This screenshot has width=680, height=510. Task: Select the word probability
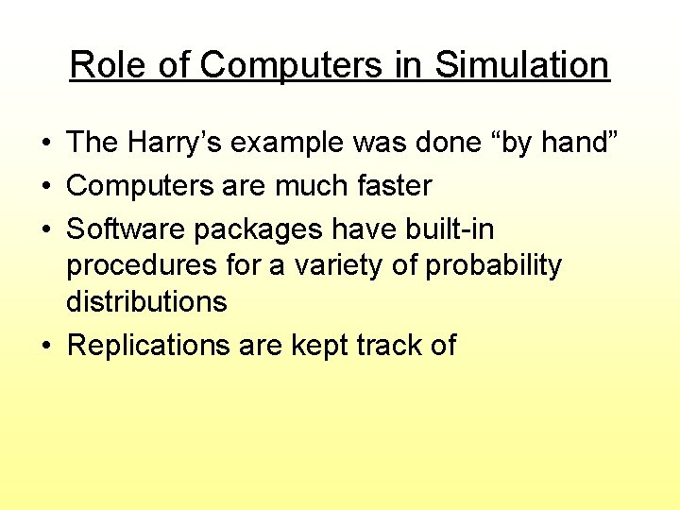tap(493, 266)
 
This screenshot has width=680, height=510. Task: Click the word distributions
tap(146, 301)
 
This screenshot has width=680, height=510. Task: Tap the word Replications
tap(148, 346)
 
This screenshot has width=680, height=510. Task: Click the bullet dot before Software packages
tap(45, 229)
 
